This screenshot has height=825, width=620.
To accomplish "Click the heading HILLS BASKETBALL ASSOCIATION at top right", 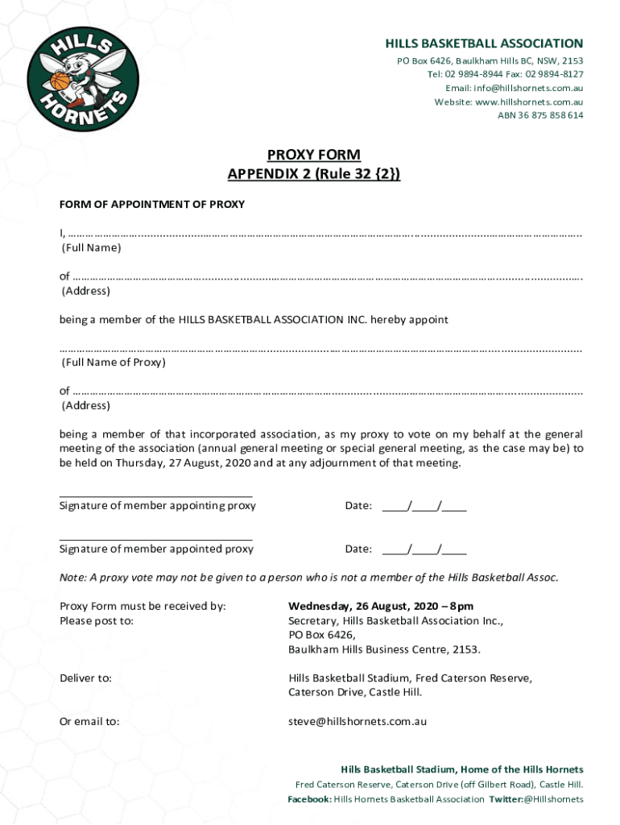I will click(x=484, y=44).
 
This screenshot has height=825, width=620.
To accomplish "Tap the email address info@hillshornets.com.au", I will click(x=528, y=88).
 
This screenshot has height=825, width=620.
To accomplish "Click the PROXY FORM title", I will click(x=313, y=155).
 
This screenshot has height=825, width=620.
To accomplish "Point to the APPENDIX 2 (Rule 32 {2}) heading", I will click(x=313, y=173).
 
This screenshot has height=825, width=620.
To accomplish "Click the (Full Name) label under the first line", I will click(x=92, y=248).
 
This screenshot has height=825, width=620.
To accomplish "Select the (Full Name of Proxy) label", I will click(x=114, y=363).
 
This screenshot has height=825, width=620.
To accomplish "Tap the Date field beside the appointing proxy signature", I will click(x=424, y=507).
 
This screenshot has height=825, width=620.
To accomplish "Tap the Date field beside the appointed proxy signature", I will click(x=424, y=549).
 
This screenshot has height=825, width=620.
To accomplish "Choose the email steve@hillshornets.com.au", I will click(x=358, y=721).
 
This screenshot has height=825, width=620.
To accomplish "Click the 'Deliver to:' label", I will click(x=85, y=678).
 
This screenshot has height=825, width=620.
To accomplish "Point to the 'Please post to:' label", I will click(x=97, y=621).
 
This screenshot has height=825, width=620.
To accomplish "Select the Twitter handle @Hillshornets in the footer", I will click(x=553, y=799).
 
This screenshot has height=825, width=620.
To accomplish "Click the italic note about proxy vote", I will click(x=308, y=578).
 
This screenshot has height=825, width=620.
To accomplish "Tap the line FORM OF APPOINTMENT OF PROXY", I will click(x=152, y=205).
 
